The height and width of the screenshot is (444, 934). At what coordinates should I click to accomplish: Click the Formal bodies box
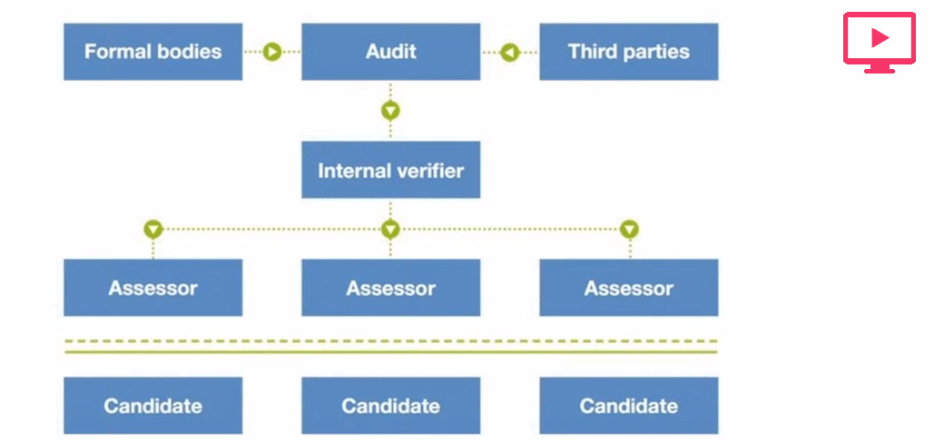point(152,52)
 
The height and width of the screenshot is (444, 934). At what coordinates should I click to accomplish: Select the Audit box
point(390,52)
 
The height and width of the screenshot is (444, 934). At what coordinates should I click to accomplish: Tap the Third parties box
point(628,52)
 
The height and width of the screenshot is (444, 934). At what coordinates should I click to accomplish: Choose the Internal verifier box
point(390,170)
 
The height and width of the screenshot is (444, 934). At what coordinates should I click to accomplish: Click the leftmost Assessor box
point(152,288)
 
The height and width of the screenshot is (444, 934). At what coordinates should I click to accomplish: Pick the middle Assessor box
point(390,288)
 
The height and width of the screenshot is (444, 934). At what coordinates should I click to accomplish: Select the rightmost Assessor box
point(628,288)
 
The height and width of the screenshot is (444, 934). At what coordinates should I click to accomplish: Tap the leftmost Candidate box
point(152,406)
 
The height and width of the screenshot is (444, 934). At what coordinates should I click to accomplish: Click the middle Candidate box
point(390,406)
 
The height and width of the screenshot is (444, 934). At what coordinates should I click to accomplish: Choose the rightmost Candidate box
point(628,406)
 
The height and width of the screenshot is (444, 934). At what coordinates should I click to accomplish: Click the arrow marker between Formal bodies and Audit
point(272,52)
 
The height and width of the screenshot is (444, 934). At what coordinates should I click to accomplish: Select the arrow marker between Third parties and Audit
point(509,52)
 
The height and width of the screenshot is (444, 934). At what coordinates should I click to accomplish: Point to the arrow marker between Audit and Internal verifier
point(390,111)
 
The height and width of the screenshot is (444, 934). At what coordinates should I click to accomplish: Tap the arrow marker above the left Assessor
point(152,229)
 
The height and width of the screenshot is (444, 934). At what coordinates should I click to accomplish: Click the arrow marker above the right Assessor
point(629,229)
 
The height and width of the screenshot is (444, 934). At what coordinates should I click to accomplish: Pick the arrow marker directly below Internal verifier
point(390,229)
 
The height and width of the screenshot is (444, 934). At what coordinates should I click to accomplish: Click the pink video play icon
point(879,41)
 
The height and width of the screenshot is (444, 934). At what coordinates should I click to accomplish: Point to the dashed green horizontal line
point(390,342)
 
